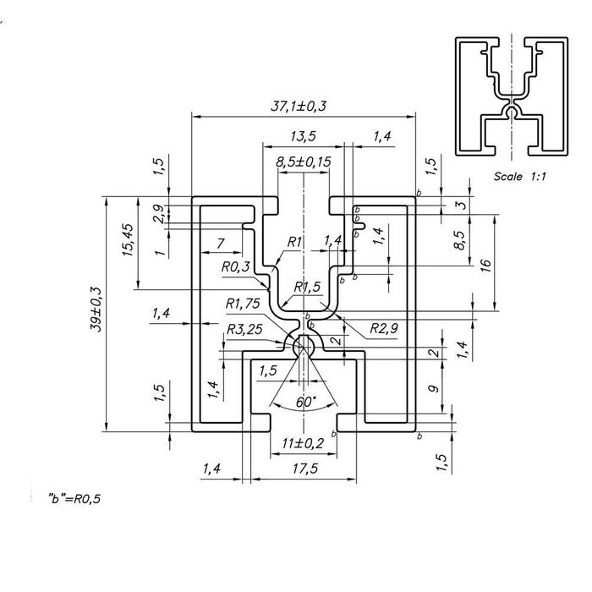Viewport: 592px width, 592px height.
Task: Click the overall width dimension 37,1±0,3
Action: (299, 106)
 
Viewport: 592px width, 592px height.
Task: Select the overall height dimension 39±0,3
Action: (96, 310)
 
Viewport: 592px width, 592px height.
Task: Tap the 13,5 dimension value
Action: (303, 136)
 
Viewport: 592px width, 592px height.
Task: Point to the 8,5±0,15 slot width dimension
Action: (303, 162)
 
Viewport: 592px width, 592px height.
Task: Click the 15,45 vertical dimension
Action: (128, 240)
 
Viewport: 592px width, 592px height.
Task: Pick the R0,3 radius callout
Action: (236, 267)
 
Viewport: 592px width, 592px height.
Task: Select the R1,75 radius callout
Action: (243, 303)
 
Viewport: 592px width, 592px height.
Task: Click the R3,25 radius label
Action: (244, 329)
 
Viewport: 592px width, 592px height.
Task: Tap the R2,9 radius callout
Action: (383, 328)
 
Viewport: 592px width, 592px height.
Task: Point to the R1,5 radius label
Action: (307, 287)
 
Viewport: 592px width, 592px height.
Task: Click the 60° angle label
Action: (306, 402)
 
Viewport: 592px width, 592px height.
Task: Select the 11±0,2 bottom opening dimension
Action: (303, 443)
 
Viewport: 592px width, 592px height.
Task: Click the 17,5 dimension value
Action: (305, 469)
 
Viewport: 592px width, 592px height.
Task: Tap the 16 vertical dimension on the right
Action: (486, 265)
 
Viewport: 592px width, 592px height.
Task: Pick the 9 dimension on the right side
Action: (435, 388)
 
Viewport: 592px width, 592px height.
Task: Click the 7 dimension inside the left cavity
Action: (221, 244)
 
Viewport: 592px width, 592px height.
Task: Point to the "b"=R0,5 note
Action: (74, 499)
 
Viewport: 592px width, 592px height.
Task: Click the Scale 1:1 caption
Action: (520, 176)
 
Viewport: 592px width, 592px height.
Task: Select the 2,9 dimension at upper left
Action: (159, 214)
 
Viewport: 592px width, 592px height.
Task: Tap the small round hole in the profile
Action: (304, 346)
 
